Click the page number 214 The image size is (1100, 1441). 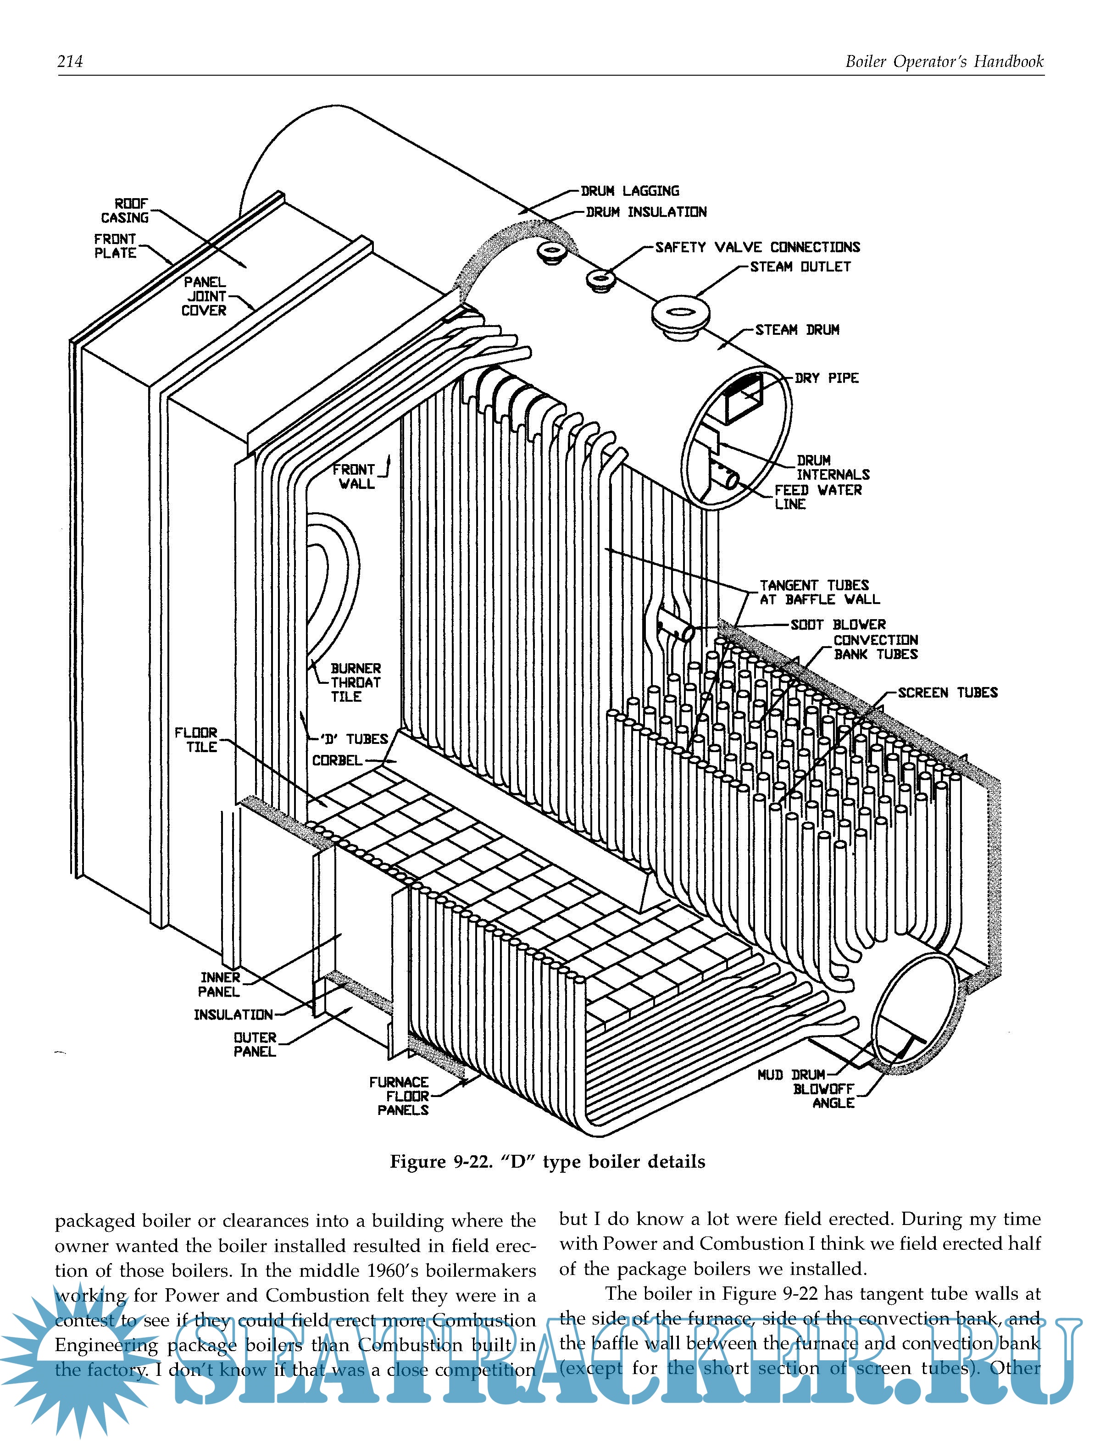point(70,61)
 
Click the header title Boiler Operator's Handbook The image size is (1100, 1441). point(944,61)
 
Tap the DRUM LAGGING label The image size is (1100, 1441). point(630,191)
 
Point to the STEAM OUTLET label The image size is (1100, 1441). point(800,266)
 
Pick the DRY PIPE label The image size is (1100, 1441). point(826,378)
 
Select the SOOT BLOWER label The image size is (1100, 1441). point(838,625)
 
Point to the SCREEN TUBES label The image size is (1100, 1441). point(947,693)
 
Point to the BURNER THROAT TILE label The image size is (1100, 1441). point(355,682)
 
